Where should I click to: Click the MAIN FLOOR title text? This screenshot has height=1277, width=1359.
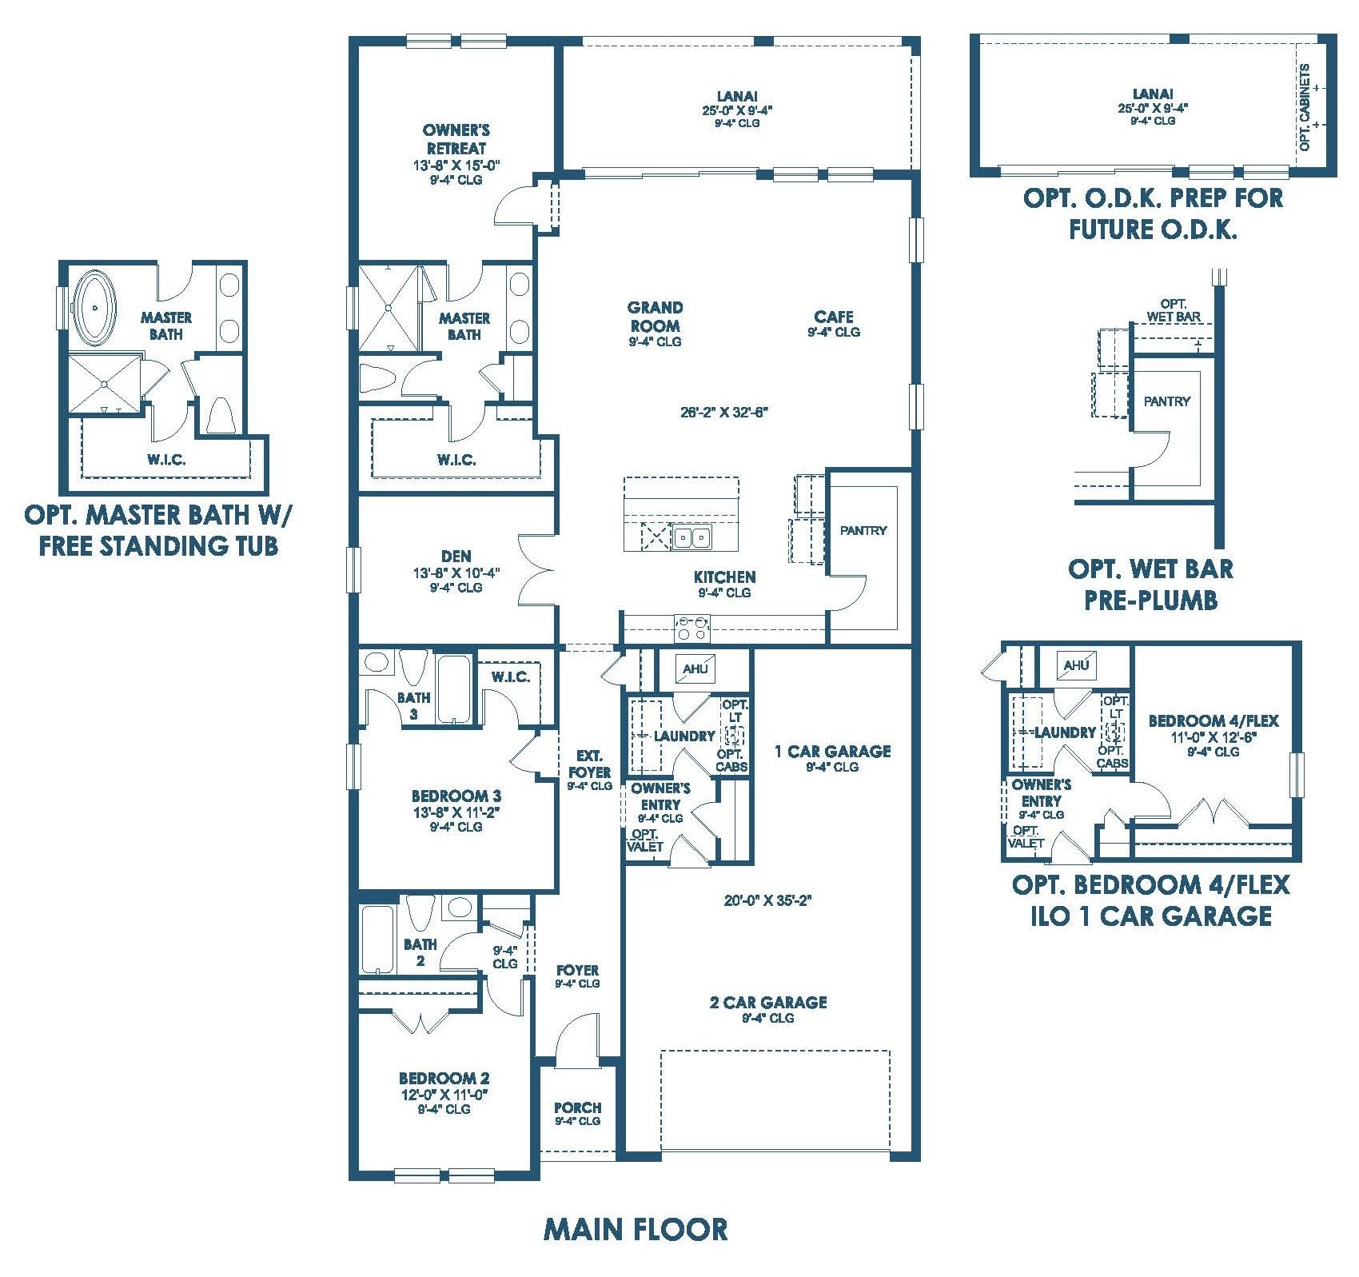coord(636,1229)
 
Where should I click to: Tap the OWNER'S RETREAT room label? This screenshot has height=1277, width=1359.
coord(456,139)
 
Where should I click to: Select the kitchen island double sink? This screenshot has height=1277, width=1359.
coord(691,537)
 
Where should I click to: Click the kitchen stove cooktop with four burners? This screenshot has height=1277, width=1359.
coord(692,628)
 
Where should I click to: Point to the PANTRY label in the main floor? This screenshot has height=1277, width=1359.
coord(863,530)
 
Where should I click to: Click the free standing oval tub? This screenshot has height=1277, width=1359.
coord(96,309)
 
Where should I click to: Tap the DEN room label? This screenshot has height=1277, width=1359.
coord(456,556)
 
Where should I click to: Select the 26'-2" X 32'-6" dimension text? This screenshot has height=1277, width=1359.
coord(723,413)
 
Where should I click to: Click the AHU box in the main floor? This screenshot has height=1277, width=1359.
coord(695,668)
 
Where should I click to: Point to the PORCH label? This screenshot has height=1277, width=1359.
coord(577,1107)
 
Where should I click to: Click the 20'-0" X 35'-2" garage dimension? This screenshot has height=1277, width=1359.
coord(768,900)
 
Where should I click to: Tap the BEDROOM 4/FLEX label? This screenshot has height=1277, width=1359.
coord(1214,720)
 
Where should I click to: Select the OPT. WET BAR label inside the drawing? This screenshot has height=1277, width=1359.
coord(1174,310)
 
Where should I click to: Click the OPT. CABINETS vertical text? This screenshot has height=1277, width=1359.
coord(1305,107)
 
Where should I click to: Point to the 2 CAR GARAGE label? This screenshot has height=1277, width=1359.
coord(768,1002)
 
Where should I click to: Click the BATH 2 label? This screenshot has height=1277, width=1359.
coord(420,952)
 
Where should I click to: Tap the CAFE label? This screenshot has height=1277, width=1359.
coord(834,317)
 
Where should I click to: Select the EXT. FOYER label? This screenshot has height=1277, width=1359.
coord(590,764)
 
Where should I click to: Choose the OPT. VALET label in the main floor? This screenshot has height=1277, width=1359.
coord(645,840)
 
